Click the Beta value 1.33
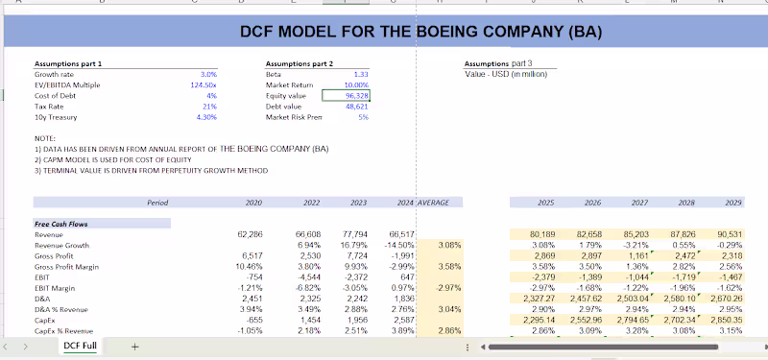point(360,74)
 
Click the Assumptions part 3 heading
point(497,63)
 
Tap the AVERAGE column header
point(443,203)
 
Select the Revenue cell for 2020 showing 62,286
point(249,234)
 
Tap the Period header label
point(157,203)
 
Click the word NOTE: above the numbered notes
point(46,138)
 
